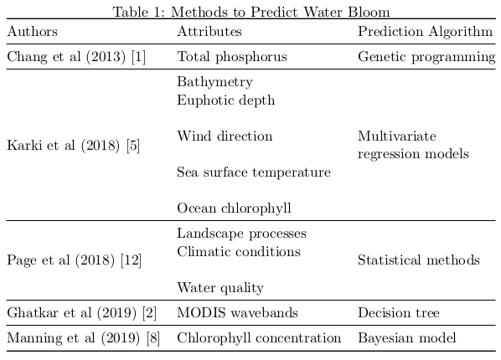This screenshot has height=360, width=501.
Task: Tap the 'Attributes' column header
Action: point(209,32)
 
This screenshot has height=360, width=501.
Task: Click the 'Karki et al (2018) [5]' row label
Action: point(73,145)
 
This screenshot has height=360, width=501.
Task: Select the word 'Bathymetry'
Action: point(214,82)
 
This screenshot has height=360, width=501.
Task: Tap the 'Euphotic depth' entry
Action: point(226,100)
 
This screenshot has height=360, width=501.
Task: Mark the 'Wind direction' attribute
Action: point(225,136)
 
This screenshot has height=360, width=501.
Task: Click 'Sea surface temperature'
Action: point(254,172)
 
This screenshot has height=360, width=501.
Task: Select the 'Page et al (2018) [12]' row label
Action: point(74,260)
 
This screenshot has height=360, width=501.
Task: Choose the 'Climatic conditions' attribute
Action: point(239,251)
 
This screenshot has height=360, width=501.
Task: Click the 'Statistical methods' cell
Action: point(418,260)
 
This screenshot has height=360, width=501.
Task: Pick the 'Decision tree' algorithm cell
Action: point(399,313)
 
